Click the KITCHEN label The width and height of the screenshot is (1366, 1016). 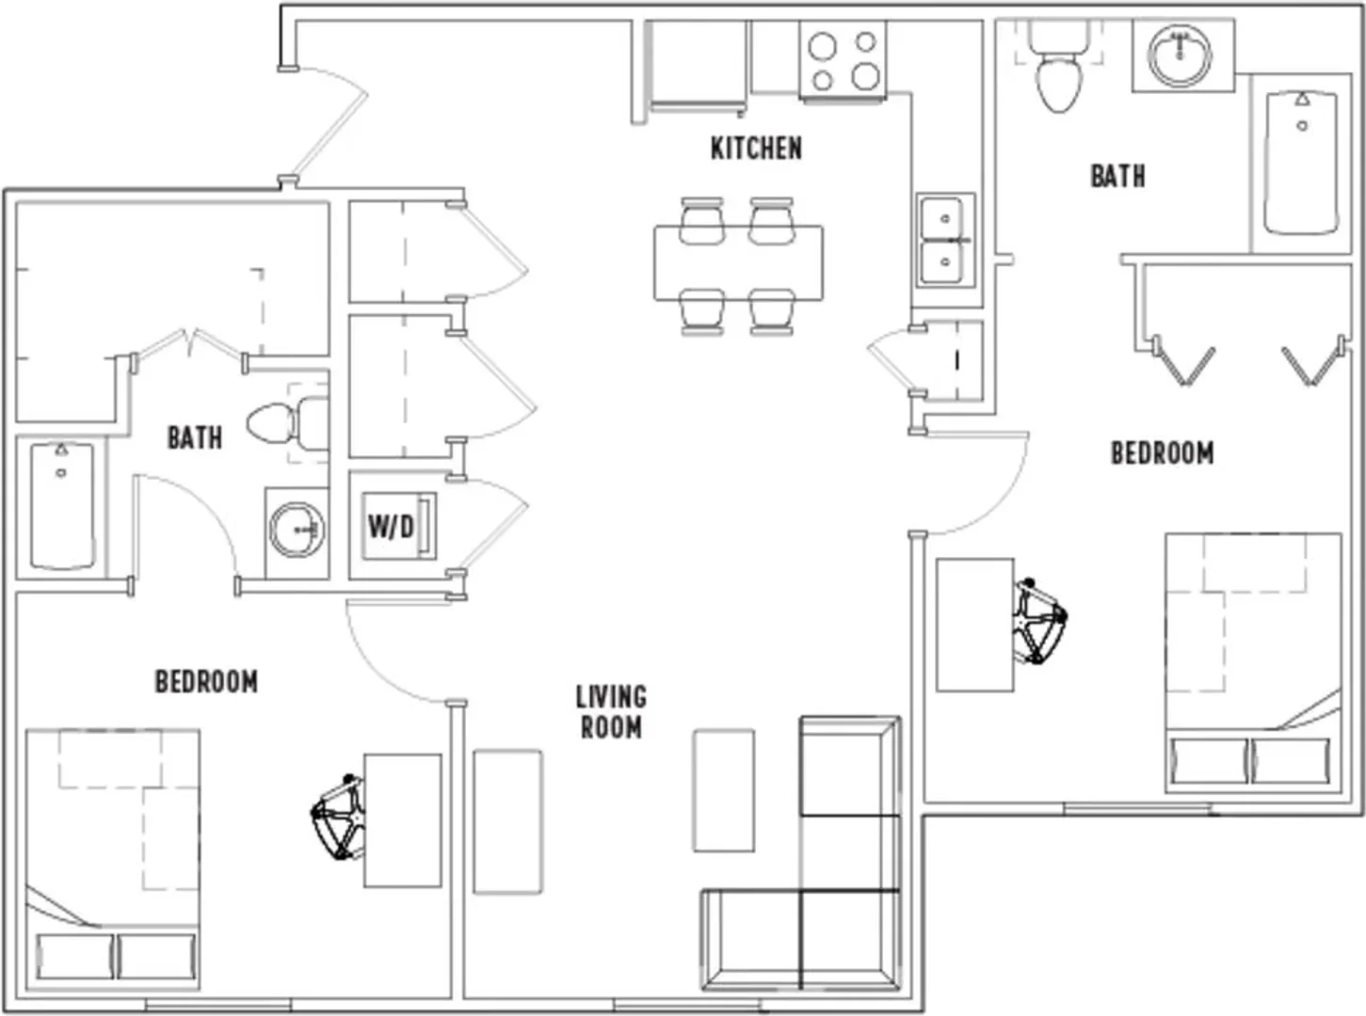(x=756, y=149)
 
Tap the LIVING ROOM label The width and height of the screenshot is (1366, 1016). (x=612, y=712)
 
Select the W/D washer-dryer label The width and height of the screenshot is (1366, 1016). (x=391, y=526)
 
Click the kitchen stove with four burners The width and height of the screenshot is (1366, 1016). (x=844, y=59)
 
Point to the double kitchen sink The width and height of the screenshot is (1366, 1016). (x=945, y=240)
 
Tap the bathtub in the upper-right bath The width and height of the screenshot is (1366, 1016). (x=1301, y=164)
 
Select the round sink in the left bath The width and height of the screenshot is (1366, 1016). (x=298, y=530)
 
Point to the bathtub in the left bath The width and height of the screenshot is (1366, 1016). (x=62, y=506)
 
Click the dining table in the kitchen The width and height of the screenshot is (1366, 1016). (x=738, y=263)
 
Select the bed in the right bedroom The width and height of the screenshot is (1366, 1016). (x=1253, y=663)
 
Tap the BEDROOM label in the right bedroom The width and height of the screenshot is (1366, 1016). (x=1163, y=452)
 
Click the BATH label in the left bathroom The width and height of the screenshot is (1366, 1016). (x=195, y=437)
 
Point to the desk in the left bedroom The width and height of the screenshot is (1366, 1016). (x=403, y=820)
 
